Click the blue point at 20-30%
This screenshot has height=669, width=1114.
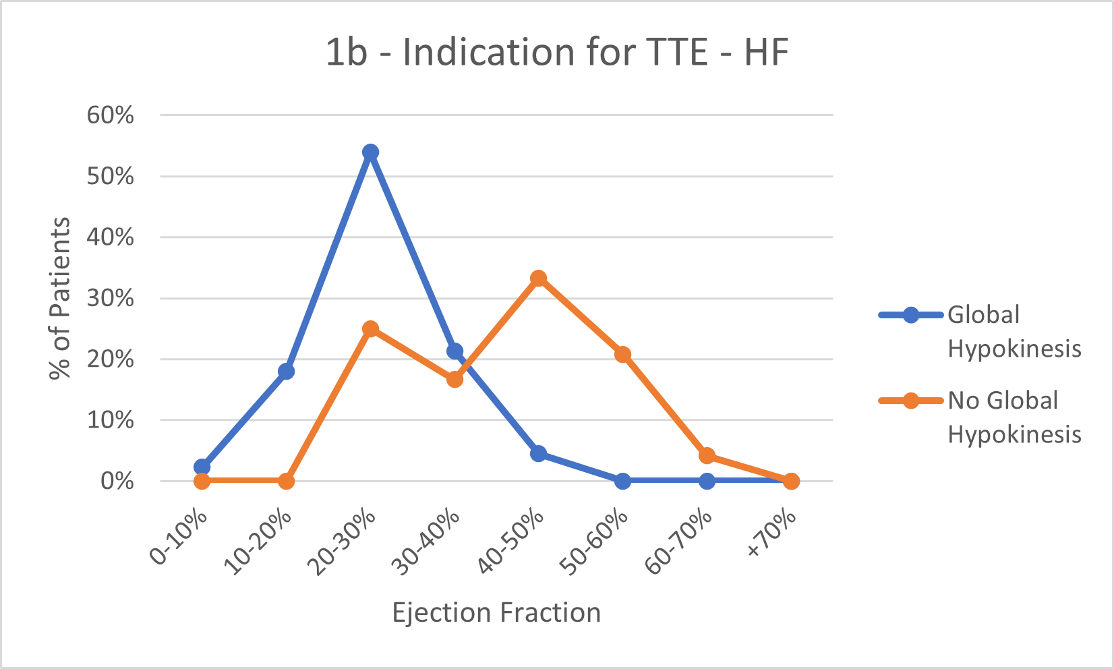[370, 152]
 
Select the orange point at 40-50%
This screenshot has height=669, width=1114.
[538, 278]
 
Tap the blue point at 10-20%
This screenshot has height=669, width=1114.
[286, 371]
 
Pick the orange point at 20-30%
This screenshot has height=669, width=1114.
[370, 328]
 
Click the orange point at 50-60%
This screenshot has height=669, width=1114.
[622, 354]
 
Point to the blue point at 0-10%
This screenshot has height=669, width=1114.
[202, 467]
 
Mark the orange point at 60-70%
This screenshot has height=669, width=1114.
[707, 456]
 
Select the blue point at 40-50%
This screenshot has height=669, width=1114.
[538, 453]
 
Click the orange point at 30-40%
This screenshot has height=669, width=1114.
[455, 379]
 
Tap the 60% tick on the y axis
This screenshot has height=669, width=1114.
[111, 115]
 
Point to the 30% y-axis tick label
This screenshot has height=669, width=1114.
[111, 298]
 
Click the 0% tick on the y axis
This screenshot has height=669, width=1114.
[117, 482]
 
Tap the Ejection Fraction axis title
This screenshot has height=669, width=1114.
[496, 612]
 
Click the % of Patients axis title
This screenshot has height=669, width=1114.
[60, 298]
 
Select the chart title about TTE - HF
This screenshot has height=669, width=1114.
[557, 52]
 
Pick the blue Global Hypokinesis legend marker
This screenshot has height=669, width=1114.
[910, 315]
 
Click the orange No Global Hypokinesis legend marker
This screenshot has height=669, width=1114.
[910, 401]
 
